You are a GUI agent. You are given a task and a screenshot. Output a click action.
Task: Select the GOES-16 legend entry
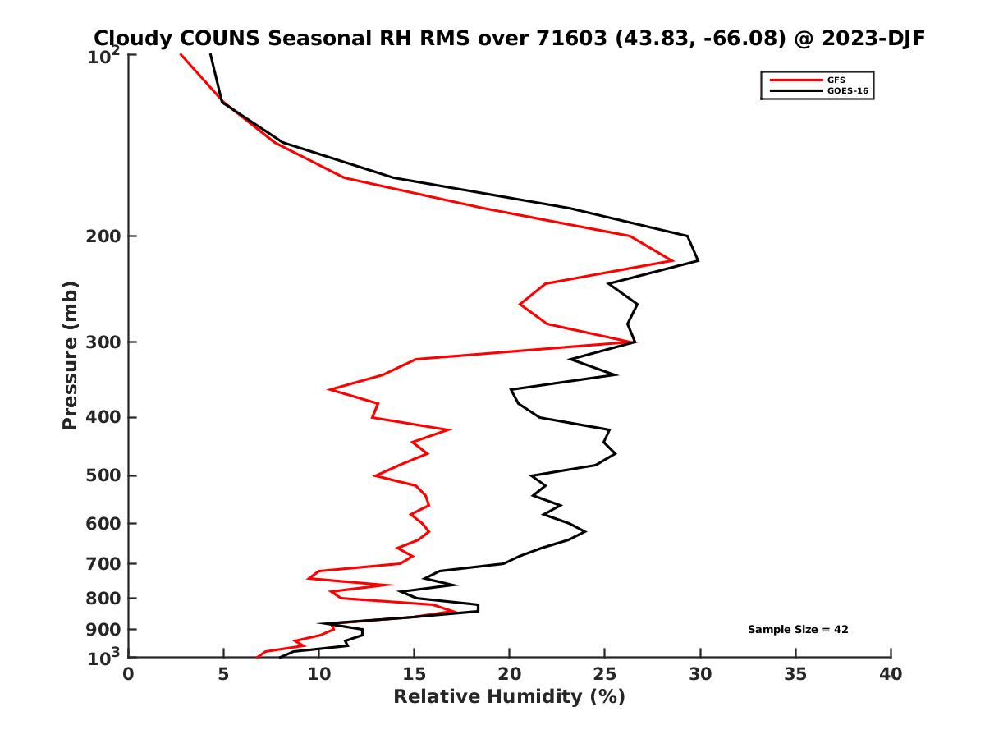tap(847, 90)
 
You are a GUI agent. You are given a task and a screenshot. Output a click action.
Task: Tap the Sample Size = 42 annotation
tap(798, 629)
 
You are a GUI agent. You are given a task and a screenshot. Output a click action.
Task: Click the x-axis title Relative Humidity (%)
tap(509, 697)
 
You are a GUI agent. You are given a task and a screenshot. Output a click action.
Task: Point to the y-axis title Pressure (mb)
tap(70, 355)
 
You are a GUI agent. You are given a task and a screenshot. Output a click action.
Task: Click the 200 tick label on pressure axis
tap(103, 236)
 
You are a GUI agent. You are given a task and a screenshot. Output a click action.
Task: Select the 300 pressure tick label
tap(103, 342)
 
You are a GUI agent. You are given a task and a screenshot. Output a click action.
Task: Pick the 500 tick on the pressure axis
tap(103, 475)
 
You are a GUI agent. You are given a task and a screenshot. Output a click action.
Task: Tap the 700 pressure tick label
tap(103, 563)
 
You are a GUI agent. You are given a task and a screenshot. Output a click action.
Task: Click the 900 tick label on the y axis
tap(103, 630)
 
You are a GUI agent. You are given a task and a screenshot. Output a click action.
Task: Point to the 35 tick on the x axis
tap(795, 674)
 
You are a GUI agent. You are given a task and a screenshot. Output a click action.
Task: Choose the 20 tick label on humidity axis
tap(509, 674)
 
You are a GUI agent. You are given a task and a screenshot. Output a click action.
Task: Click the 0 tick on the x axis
tap(129, 674)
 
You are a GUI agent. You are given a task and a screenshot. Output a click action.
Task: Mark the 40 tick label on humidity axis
tap(891, 674)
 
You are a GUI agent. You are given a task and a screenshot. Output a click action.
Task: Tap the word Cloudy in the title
tap(134, 38)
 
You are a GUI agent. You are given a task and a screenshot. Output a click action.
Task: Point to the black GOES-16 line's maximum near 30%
tap(698, 261)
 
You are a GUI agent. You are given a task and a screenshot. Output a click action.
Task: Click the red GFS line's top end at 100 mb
tap(181, 54)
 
